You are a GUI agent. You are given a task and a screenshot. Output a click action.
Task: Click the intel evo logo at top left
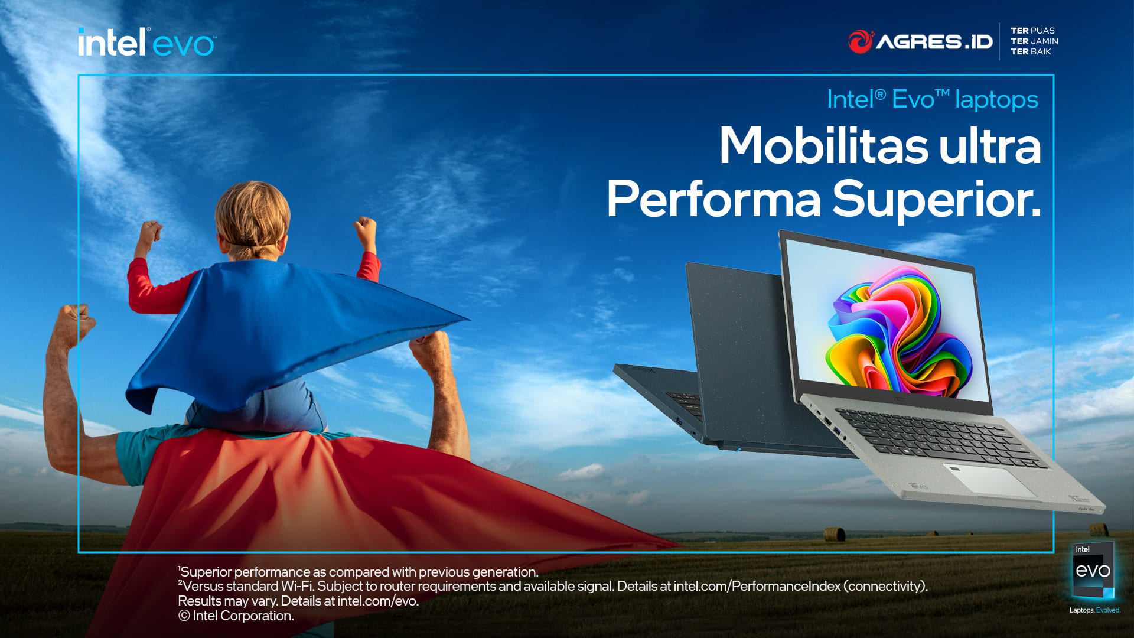click(146, 43)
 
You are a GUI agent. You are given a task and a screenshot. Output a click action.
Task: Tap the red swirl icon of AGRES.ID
click(861, 41)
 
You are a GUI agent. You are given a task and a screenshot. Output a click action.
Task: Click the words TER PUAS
click(1032, 31)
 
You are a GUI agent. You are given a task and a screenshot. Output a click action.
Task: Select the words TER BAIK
click(1031, 51)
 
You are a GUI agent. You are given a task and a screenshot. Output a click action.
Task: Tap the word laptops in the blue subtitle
click(996, 100)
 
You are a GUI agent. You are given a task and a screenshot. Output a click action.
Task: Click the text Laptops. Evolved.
click(1094, 610)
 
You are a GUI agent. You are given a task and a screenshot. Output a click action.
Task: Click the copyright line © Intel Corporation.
click(236, 616)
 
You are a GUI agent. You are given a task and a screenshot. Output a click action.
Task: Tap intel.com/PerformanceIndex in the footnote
click(757, 586)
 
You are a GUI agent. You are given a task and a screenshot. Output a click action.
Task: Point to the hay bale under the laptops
click(834, 534)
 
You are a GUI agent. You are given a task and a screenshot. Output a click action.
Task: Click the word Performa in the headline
click(713, 200)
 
